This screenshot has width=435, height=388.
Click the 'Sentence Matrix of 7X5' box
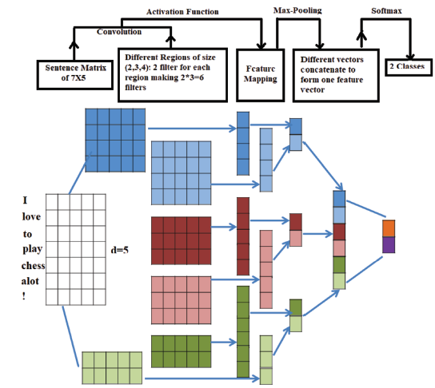pos(75,75)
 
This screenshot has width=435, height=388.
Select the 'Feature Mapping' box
pos(260,75)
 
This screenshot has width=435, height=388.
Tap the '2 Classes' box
pos(409,67)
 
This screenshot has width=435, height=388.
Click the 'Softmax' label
pos(386,11)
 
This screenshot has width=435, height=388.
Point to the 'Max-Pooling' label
pos(297,10)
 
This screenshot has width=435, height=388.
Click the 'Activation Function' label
pos(182,12)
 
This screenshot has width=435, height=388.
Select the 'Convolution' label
pos(119,32)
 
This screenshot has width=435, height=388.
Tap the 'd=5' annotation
pos(120,250)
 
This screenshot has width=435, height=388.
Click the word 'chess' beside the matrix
pos(33,266)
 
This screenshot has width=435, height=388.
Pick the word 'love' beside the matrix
pos(31,216)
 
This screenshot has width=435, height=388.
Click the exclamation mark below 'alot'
pos(24,296)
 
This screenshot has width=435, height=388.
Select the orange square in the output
pos(389,228)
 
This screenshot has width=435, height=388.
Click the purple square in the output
pos(389,245)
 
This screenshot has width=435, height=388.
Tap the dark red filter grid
pos(182,240)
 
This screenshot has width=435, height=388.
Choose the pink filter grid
pos(182,300)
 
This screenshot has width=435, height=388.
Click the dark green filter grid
pos(182,351)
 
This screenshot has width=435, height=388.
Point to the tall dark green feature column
pos(243,331)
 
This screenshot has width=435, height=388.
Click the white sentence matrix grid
pos(76,250)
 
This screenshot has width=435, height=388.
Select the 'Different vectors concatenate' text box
pos(336,75)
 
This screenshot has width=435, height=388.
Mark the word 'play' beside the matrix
pos(33,249)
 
